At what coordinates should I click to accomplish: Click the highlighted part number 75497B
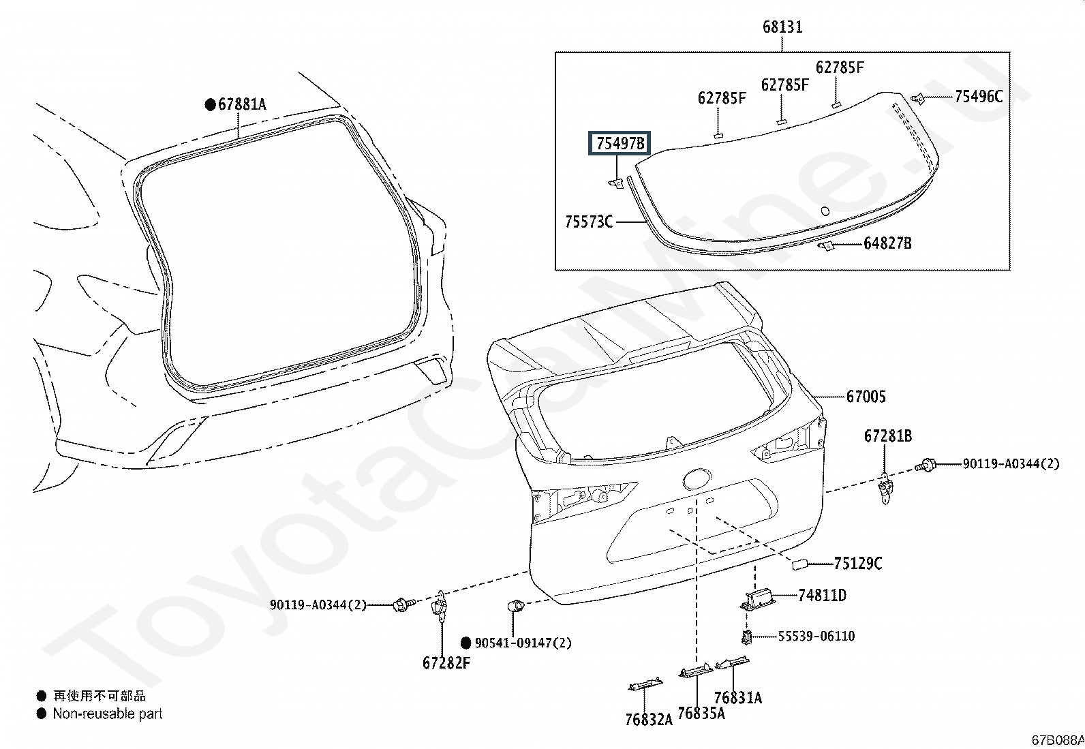tap(620, 143)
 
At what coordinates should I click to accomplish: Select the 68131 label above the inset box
tap(782, 27)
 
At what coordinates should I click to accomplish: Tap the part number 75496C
tap(979, 96)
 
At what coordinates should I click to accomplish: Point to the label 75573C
tap(589, 222)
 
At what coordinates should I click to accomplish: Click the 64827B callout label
tap(887, 243)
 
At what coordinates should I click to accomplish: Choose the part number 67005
tap(866, 397)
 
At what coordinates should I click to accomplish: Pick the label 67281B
tap(888, 436)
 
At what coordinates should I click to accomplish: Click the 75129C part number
tap(858, 564)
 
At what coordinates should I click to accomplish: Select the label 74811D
tap(822, 595)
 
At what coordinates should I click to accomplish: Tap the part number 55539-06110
tap(816, 636)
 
